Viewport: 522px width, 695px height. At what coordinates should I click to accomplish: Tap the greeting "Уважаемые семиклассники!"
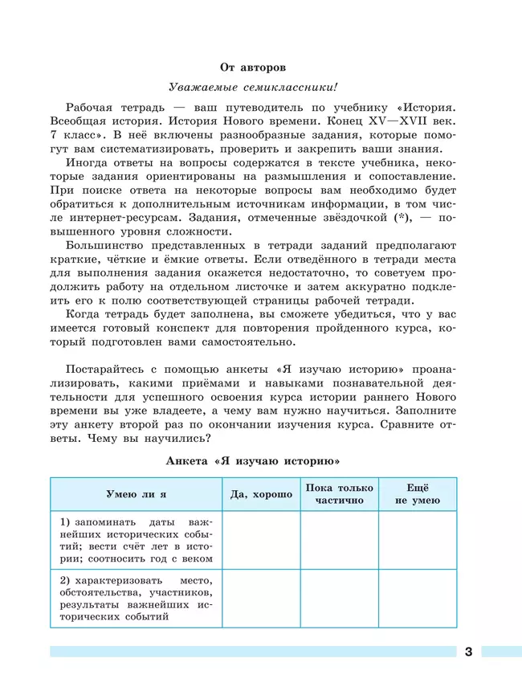(x=253, y=87)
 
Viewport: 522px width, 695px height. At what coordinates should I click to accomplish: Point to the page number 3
(x=468, y=652)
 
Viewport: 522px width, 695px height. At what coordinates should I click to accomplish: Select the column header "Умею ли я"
(x=136, y=494)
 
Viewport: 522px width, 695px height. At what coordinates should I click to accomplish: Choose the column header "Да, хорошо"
(x=261, y=494)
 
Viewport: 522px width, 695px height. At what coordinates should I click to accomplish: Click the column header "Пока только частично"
(x=339, y=494)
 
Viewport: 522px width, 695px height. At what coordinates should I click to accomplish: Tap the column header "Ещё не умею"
(x=417, y=494)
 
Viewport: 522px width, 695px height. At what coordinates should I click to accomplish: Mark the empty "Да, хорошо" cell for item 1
(x=261, y=540)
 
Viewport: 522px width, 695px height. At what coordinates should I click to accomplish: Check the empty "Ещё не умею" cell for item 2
(x=417, y=599)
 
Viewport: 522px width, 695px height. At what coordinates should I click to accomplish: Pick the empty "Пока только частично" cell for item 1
(x=339, y=540)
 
